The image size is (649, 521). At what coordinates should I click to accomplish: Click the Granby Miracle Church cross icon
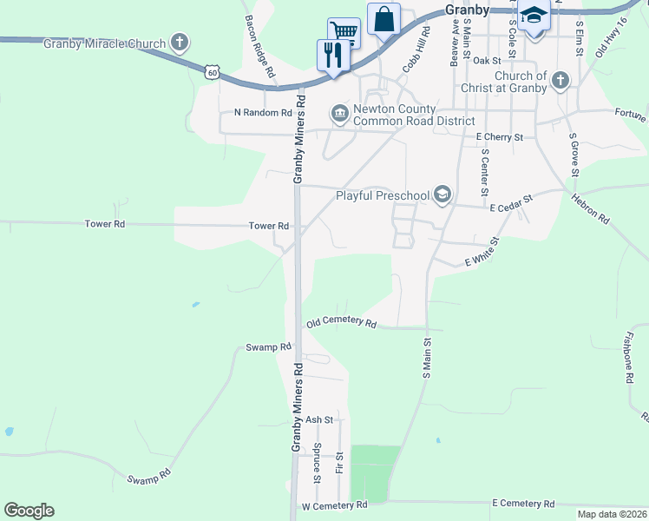180,42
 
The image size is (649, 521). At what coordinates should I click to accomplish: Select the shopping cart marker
344,33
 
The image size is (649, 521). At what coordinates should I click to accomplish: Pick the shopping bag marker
383,18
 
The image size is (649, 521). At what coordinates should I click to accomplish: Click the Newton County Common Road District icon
339,113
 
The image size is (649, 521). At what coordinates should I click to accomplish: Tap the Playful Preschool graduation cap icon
443,194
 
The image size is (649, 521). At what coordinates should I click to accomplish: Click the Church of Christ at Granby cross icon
560,82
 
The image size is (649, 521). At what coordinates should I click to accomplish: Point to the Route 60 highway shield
213,73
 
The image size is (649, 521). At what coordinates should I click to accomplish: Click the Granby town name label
467,10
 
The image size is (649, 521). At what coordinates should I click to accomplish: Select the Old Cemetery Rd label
342,324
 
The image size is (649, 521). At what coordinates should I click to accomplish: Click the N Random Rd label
263,113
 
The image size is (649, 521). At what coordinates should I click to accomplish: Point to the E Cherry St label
500,137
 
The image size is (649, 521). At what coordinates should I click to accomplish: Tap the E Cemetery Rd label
522,504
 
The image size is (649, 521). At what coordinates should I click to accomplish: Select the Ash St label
319,419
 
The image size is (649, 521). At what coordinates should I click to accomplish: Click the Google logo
29,511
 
